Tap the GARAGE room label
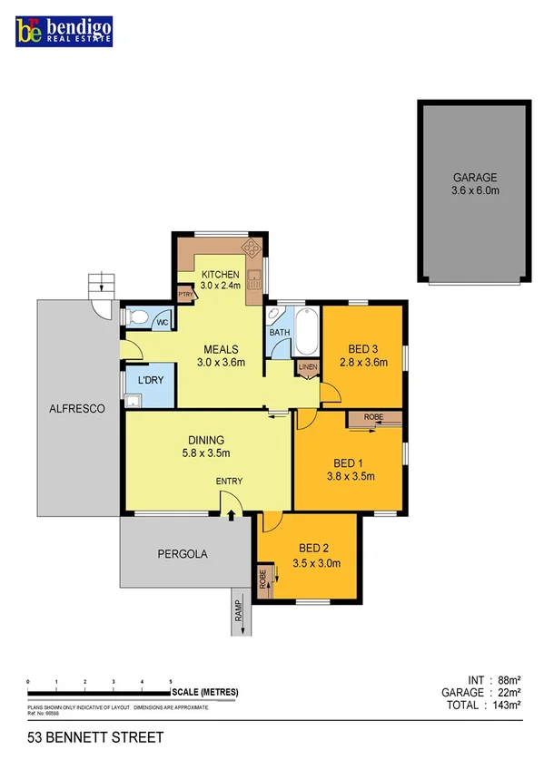tap(476, 178)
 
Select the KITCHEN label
tap(220, 274)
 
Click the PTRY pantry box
tap(185, 294)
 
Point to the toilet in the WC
tap(138, 317)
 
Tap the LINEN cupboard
tap(307, 367)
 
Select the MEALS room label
tap(221, 349)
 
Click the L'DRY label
tap(150, 381)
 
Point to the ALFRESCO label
tap(77, 409)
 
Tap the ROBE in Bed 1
tap(372, 417)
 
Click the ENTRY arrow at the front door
tap(230, 515)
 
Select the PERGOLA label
tap(183, 552)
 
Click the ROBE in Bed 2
tap(263, 579)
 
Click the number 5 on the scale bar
tap(170, 680)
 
